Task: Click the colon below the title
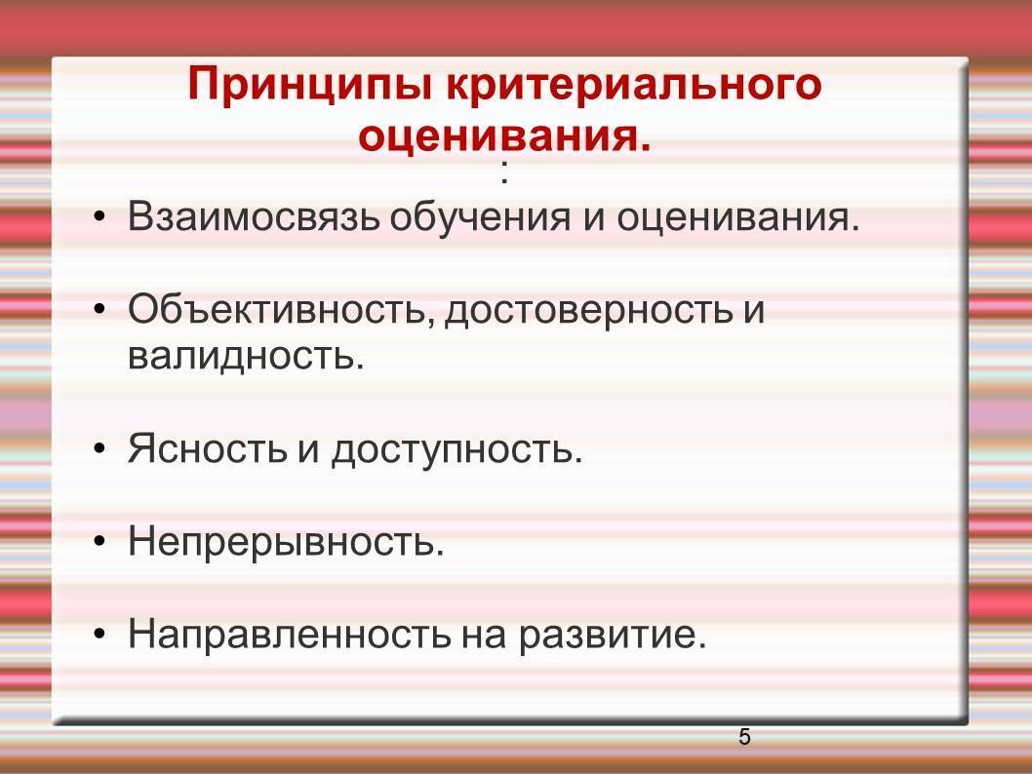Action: click(x=504, y=173)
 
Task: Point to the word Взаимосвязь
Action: click(x=254, y=216)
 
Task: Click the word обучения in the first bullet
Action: click(x=480, y=217)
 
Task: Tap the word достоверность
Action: click(x=589, y=310)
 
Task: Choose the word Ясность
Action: click(x=208, y=448)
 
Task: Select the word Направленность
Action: click(x=290, y=634)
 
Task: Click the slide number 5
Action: click(x=744, y=737)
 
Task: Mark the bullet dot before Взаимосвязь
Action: click(x=99, y=216)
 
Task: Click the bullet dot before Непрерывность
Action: click(x=99, y=541)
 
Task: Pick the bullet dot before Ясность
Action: click(x=99, y=448)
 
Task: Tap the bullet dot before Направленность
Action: click(x=99, y=634)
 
